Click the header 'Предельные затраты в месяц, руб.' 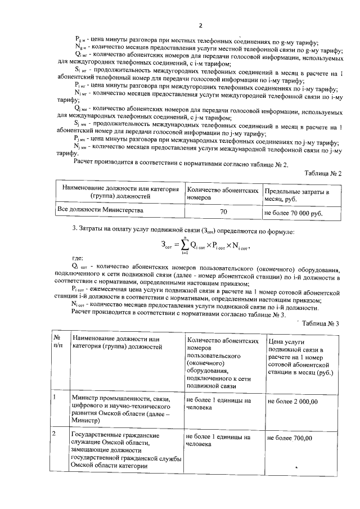(x=297, y=195)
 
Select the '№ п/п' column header (x=57, y=342)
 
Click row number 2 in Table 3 (x=54, y=435)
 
